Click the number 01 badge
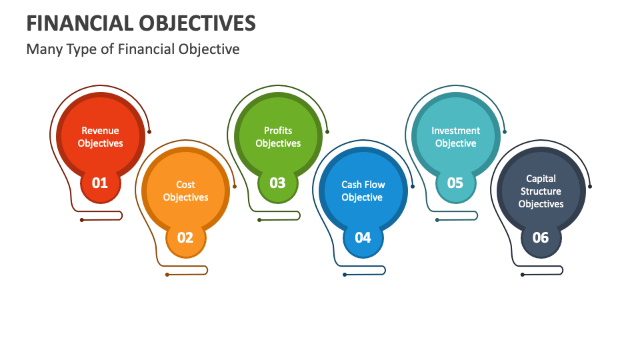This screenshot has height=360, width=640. point(100,182)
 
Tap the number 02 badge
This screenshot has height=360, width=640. point(185,237)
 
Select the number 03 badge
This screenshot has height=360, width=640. point(277,182)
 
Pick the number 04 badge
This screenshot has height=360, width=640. point(363,237)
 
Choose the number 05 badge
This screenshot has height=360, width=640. point(455,182)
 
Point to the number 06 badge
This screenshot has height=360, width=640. point(541,237)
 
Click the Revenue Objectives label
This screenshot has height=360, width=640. point(100,137)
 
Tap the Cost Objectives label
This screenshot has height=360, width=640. point(185,191)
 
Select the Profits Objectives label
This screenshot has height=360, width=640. point(278,137)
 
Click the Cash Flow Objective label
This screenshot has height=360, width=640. point(363,191)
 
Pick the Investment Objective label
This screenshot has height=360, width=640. point(455,137)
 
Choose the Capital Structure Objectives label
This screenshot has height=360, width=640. point(541,191)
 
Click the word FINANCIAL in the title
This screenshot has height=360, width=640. point(78,23)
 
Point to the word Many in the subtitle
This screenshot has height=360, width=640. point(44,49)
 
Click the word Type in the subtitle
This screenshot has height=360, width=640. point(83,49)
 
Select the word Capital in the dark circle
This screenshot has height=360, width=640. point(541,179)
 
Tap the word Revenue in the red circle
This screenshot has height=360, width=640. point(100,131)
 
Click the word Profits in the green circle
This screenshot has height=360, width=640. point(278,131)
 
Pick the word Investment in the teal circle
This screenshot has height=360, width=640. point(455,131)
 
